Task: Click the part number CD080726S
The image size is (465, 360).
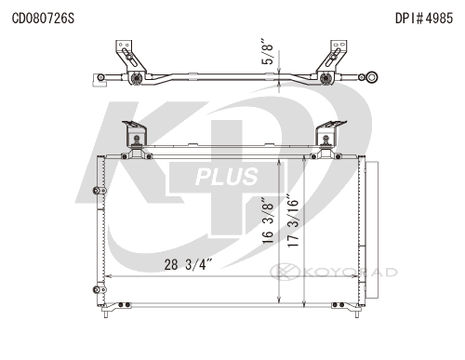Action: (x=43, y=19)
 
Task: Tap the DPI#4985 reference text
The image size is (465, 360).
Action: (x=424, y=19)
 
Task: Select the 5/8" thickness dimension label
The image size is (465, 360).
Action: (x=268, y=52)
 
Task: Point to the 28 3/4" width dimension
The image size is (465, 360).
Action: (x=188, y=264)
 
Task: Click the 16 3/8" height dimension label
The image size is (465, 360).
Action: (x=268, y=220)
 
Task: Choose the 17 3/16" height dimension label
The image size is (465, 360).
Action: (x=293, y=220)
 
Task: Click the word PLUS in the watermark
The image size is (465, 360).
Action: (x=227, y=177)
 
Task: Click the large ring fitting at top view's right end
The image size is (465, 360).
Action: (x=372, y=77)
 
